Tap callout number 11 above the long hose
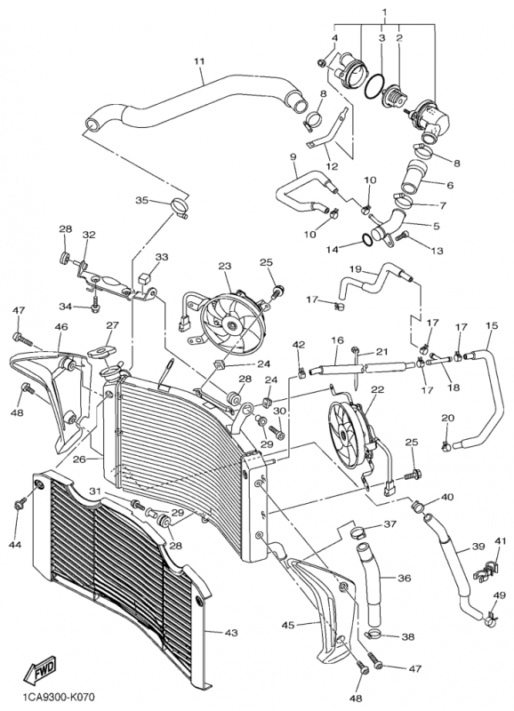pos(199,61)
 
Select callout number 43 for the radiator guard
pos(231,632)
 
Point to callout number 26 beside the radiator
pos(80,459)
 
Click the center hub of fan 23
pos(233,324)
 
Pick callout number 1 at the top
pos(385,11)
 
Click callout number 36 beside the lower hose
pos(405,578)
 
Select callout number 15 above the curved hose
pos(492,325)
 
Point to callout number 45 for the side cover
pos(288,625)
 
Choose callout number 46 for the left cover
pos(61,326)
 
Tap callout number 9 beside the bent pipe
pos(293,157)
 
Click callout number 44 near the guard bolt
pos(15,545)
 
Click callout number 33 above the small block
pos(162,257)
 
